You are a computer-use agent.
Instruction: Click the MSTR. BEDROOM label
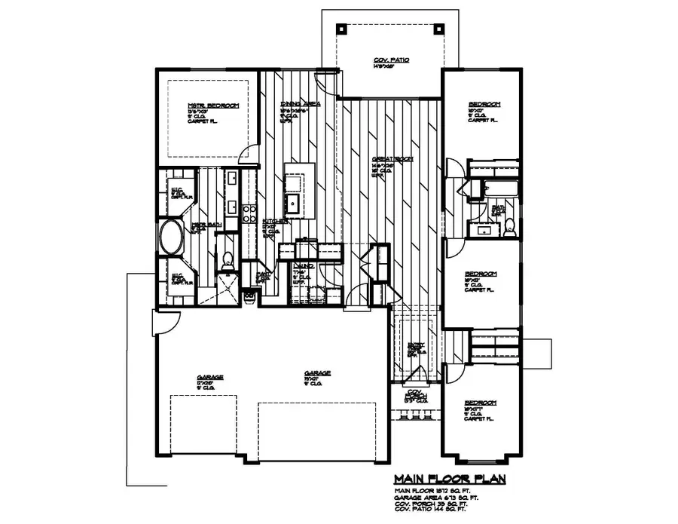point(202,106)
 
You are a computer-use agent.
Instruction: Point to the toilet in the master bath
point(225,259)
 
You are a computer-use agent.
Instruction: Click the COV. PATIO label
point(391,60)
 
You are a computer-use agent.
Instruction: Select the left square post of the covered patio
point(342,29)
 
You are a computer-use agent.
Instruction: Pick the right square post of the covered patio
point(438,29)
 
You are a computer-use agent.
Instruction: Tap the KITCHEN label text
point(273,222)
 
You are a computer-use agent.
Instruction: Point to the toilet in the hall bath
point(509,224)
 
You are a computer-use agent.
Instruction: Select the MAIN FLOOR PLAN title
point(449,479)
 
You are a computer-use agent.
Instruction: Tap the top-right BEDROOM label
point(484,105)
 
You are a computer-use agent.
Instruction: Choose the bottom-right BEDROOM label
point(481,403)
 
